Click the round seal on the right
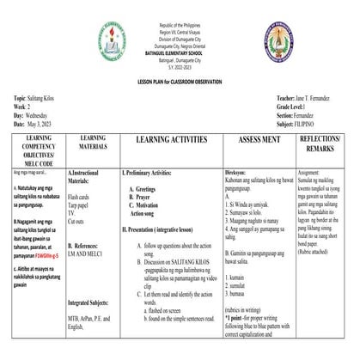278,40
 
